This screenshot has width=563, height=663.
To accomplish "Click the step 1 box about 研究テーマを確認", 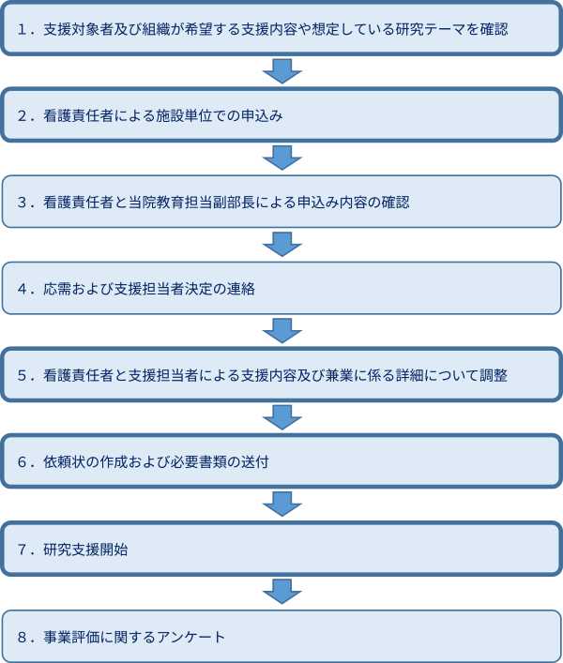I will pos(281,29).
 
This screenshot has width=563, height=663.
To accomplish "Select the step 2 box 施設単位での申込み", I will pos(281,116).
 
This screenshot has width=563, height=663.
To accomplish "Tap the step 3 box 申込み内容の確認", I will pos(281,203).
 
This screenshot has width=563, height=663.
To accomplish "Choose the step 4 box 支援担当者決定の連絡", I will pos(281,290).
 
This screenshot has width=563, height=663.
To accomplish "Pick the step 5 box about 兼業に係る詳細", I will pos(281,376).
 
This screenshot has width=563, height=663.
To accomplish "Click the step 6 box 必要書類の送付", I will pos(281,463).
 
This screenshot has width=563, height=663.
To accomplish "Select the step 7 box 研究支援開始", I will pos(281,550).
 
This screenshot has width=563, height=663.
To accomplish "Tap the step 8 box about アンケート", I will pos(281,637).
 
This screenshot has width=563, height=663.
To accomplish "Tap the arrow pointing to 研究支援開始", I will pos(281,505).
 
